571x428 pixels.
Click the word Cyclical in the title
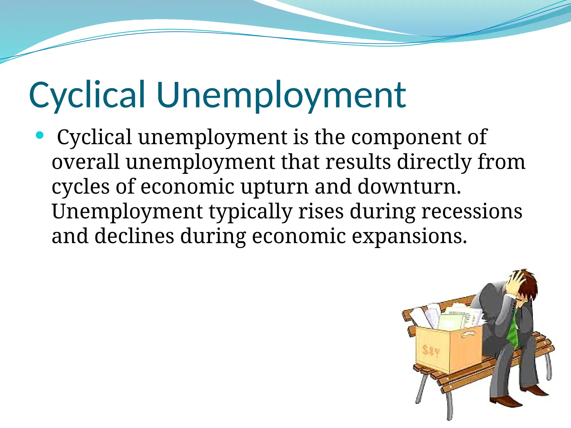tap(86, 95)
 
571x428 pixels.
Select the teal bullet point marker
tap(40, 136)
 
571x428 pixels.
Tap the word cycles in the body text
tap(81, 187)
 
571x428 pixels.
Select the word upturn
tap(275, 187)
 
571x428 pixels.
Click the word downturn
tap(409, 187)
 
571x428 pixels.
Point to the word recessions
tap(471, 211)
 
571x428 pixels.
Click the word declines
tap(134, 236)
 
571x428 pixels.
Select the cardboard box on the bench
tap(449, 348)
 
